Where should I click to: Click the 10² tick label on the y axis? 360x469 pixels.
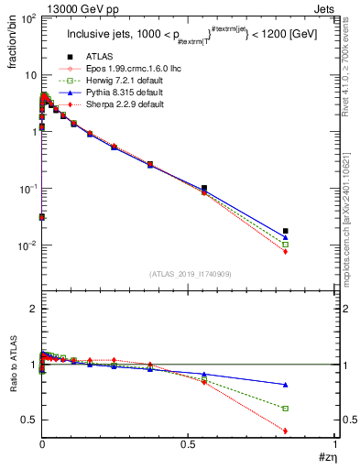pos(26,17)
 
